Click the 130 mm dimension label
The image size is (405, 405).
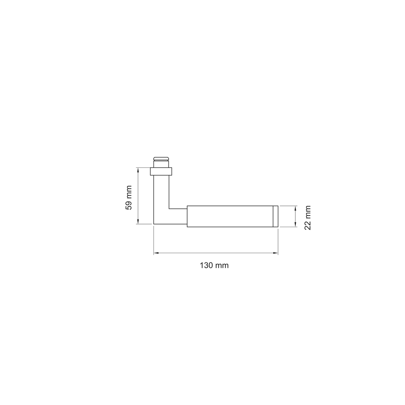click(214, 266)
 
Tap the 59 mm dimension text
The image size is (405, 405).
click(129, 197)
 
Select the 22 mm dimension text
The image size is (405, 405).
click(308, 218)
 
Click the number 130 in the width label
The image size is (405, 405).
click(207, 266)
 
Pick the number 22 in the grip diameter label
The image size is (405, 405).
click(308, 225)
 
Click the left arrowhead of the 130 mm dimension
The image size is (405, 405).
click(156, 253)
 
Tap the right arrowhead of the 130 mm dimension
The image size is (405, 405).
click(275, 253)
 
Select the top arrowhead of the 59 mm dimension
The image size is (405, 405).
click(138, 170)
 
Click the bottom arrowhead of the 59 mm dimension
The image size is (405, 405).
click(138, 221)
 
